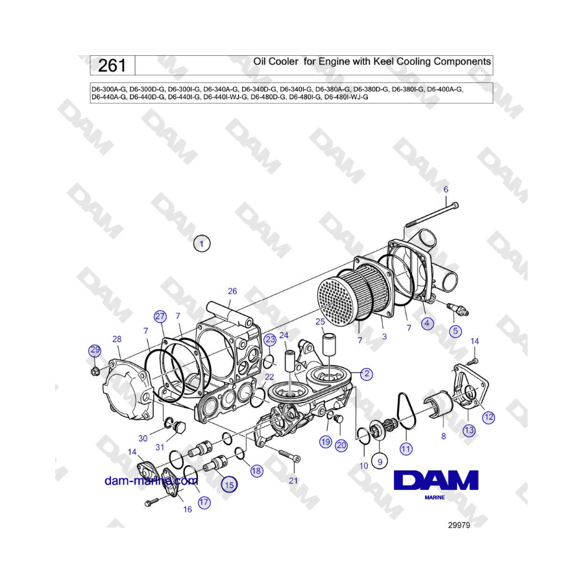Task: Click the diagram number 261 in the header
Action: (112, 66)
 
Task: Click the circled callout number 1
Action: (202, 244)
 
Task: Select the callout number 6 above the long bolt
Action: (446, 189)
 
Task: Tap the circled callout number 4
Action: (427, 323)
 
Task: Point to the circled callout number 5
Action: (455, 331)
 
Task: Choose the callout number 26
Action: (232, 291)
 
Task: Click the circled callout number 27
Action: (160, 317)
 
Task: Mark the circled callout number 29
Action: (95, 350)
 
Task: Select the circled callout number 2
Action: (367, 374)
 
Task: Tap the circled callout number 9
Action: (380, 462)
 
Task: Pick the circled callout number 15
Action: (229, 485)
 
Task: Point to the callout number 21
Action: (293, 481)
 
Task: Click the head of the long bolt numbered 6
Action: (454, 205)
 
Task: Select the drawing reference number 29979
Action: (459, 525)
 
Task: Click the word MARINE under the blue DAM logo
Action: (435, 497)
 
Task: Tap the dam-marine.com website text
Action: (151, 481)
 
